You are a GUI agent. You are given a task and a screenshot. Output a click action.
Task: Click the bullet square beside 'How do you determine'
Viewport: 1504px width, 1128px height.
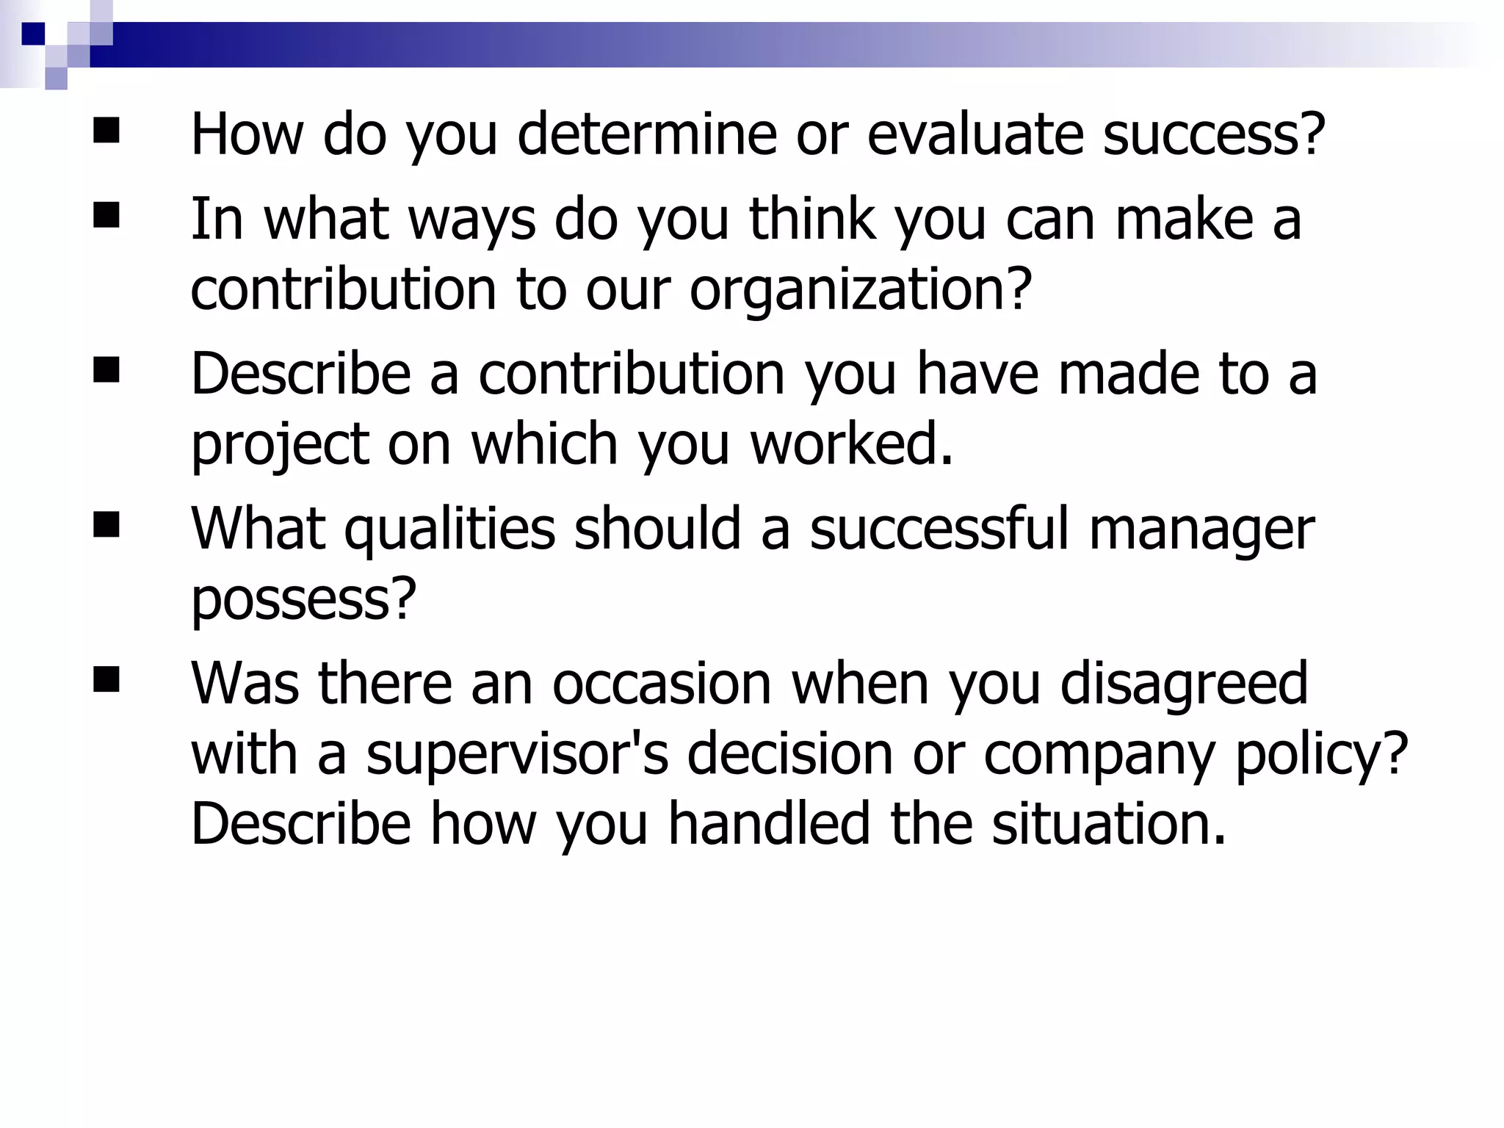pos(106,131)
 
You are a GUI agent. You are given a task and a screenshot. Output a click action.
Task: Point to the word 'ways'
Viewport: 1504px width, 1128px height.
pos(472,220)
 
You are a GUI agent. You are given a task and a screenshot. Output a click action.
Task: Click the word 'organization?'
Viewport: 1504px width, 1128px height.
pos(861,289)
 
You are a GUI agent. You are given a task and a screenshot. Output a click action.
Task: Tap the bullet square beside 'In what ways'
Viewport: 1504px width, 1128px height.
pos(106,217)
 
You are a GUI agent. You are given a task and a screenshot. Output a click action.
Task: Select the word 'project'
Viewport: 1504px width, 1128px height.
pos(280,445)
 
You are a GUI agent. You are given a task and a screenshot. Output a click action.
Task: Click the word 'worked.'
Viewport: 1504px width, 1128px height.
pos(852,444)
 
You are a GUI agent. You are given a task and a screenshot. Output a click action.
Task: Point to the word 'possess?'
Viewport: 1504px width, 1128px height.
pos(303,599)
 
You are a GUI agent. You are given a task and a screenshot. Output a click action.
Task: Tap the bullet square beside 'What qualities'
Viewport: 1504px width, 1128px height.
pos(106,526)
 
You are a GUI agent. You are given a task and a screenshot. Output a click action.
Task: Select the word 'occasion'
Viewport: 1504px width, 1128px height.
pos(662,684)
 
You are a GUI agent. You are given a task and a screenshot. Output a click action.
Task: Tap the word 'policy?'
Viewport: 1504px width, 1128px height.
pos(1322,754)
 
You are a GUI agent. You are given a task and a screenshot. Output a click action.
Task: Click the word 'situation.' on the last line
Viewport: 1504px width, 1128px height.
pos(1109,823)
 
